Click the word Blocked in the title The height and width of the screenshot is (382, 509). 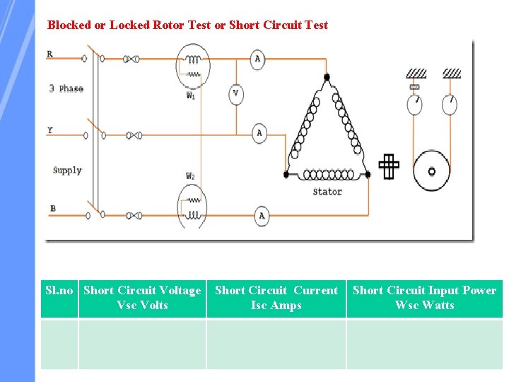[69, 25]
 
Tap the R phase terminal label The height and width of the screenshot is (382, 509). [49, 54]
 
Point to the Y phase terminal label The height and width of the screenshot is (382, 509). [49, 130]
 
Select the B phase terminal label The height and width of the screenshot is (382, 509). [52, 209]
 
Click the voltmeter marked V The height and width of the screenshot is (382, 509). [235, 93]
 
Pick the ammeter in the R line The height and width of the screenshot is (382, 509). [257, 59]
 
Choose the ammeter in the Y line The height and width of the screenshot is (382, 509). [259, 133]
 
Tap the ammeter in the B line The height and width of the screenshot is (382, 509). [262, 216]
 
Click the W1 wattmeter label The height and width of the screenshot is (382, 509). [191, 95]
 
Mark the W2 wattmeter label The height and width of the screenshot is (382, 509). [191, 176]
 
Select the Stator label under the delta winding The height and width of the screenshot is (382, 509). [327, 191]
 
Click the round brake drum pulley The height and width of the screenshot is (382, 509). [431, 170]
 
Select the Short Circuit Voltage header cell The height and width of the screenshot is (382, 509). [142, 298]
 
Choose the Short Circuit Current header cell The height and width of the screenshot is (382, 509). [276, 298]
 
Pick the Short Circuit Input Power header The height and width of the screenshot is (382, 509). [424, 298]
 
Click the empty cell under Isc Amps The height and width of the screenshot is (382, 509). [276, 344]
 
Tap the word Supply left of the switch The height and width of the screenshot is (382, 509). [67, 170]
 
